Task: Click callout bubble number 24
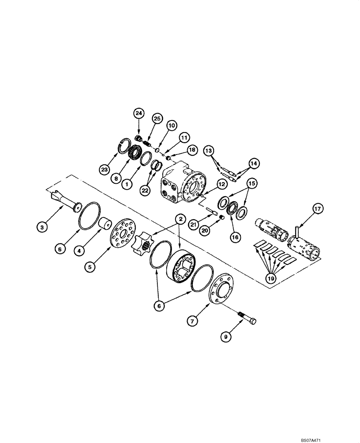[139, 114]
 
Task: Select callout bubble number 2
[180, 218]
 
